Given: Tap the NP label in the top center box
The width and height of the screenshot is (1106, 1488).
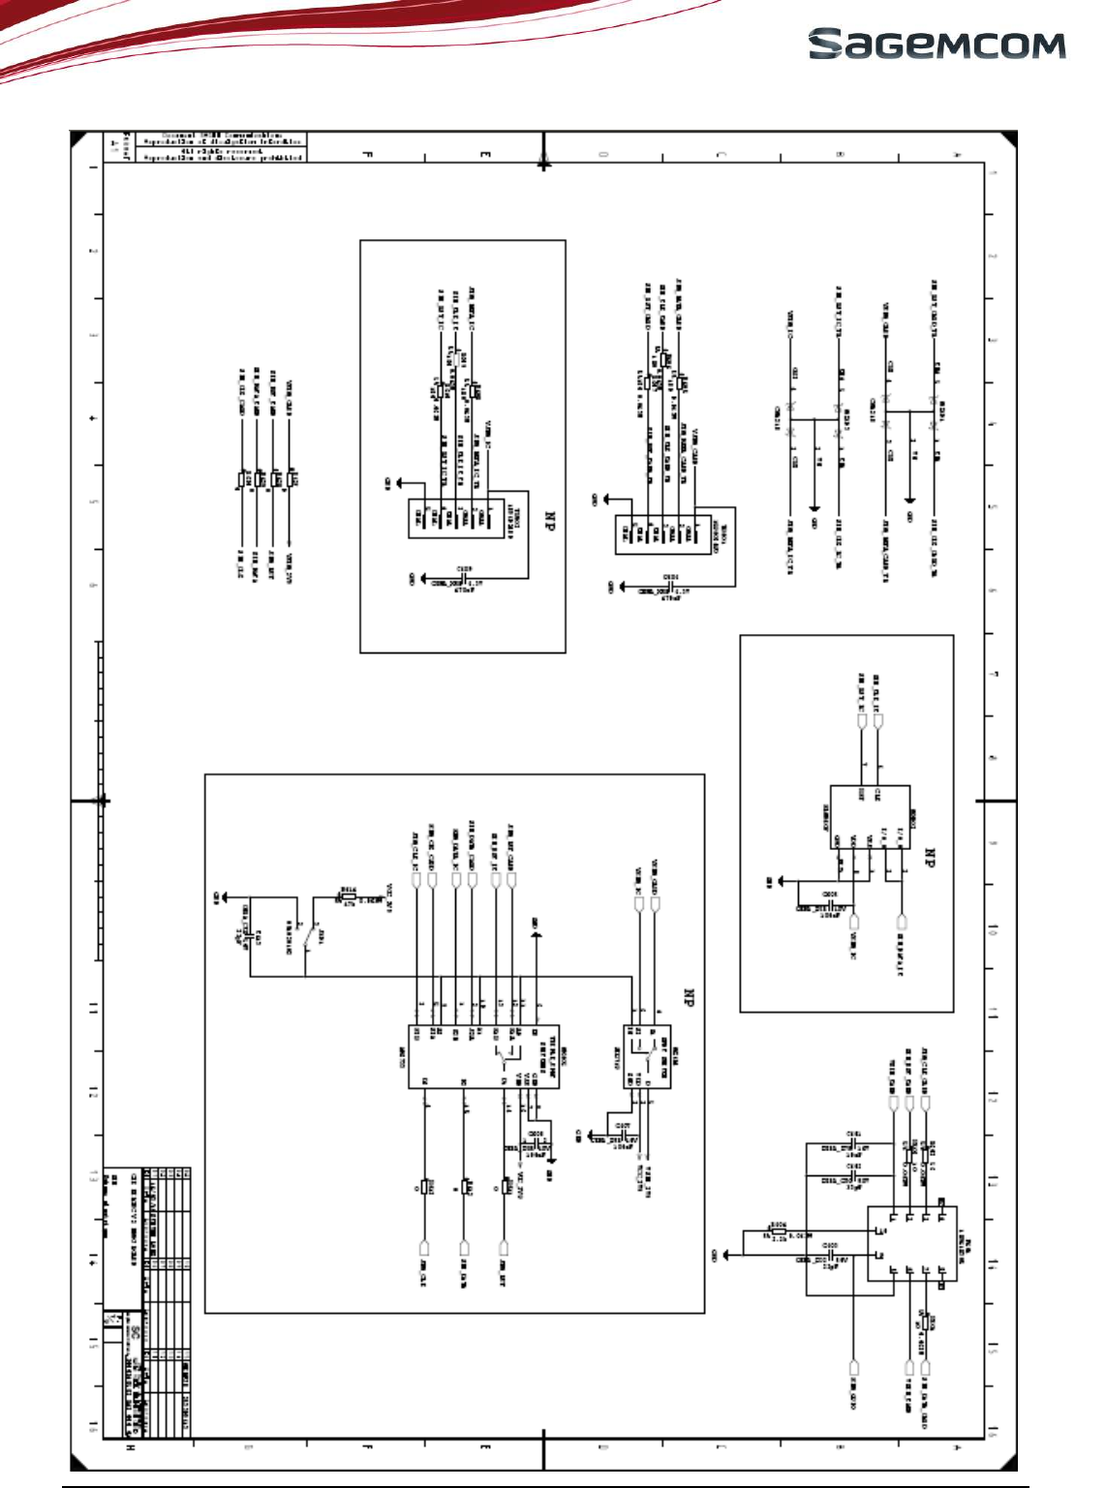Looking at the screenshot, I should coord(550,523).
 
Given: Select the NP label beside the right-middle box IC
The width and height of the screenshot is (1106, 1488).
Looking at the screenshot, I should coord(929,858).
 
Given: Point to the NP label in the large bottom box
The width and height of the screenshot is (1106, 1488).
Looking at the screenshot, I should coord(690,999).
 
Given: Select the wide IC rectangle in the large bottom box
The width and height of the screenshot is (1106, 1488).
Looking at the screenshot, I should coord(483,1057).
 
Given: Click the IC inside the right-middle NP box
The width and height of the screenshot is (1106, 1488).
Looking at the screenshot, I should coord(870,817).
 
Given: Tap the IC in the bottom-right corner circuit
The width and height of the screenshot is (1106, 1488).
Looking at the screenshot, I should coord(910,1244).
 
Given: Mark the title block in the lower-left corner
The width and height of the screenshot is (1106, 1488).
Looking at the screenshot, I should coord(146,1300).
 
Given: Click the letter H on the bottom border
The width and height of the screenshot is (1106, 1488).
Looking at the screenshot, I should coord(131,1448).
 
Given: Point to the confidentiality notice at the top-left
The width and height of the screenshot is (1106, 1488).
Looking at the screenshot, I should coord(220,146).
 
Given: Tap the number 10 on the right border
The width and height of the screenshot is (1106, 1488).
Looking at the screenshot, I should coord(993,928).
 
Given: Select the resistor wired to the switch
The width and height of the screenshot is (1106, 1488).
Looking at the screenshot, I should coord(348,896).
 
